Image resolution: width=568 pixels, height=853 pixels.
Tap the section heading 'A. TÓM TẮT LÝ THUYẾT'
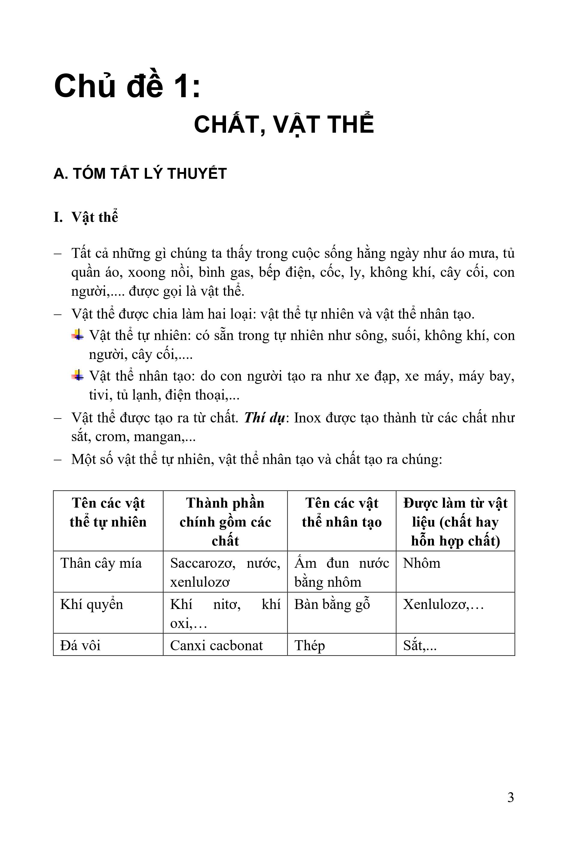(140, 174)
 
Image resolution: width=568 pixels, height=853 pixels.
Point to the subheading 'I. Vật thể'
(86, 217)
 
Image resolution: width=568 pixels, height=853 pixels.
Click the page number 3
(510, 798)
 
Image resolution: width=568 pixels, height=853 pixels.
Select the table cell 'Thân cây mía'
(101, 563)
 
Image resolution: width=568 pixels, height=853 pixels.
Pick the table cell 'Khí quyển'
(92, 604)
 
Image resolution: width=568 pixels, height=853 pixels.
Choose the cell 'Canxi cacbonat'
(216, 646)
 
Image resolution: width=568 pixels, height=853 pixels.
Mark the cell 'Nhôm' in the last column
(422, 563)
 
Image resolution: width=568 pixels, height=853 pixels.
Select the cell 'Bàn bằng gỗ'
(332, 604)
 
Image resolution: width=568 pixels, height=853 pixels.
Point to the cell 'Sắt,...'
(420, 646)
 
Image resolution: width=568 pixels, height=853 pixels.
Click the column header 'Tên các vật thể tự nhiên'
(108, 512)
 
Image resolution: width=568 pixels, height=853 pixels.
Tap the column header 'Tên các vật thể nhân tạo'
(342, 512)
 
